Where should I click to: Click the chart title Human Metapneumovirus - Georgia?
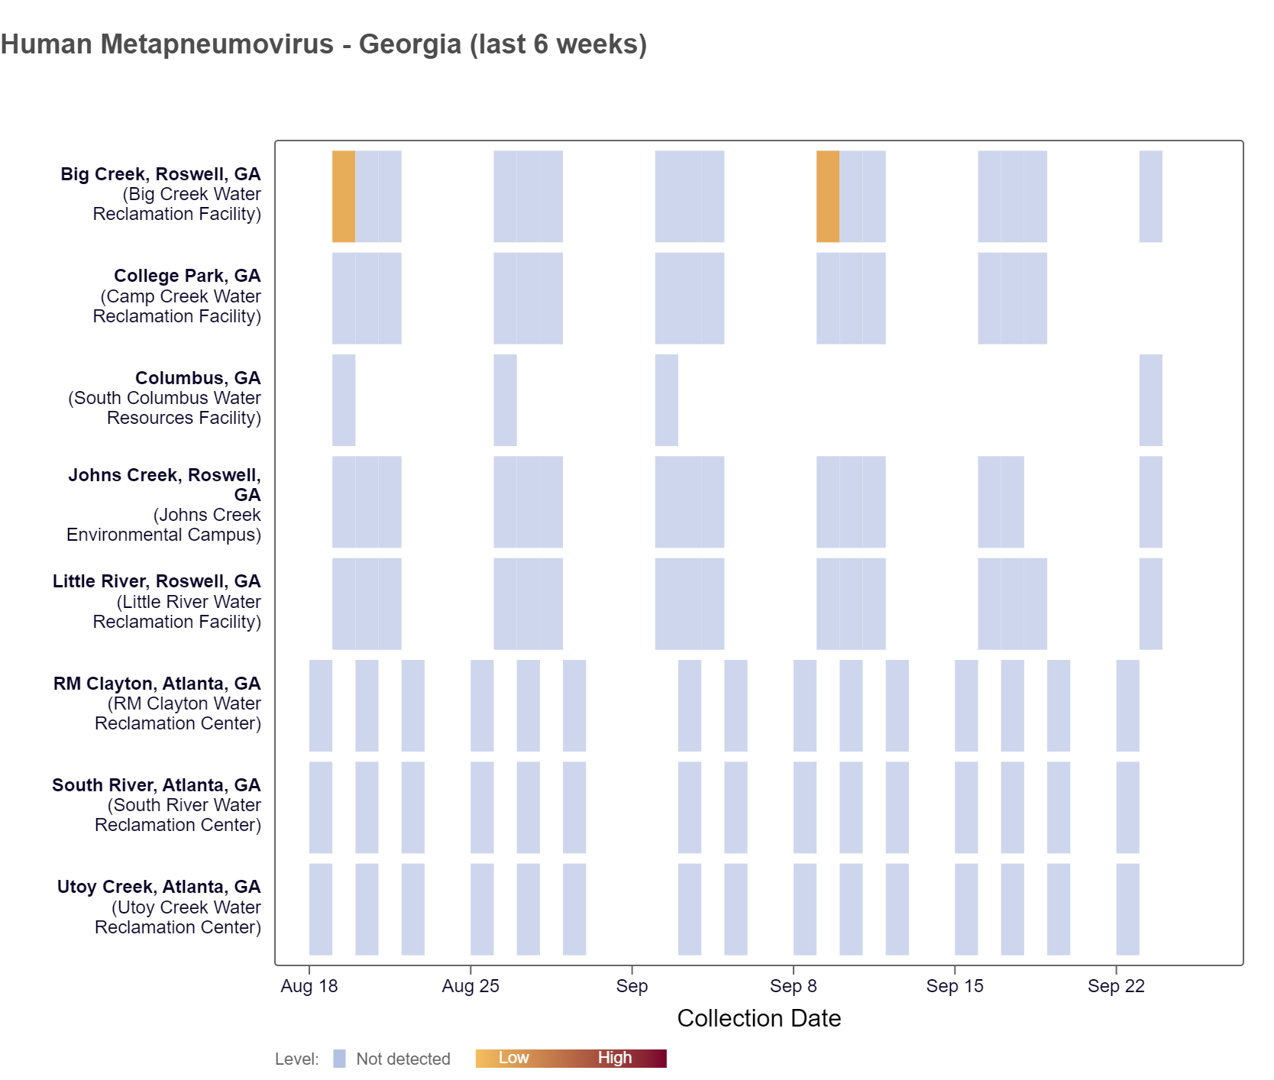[x=323, y=44]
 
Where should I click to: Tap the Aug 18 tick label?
[x=309, y=986]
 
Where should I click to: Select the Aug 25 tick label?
[x=470, y=986]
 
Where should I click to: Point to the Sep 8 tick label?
[x=793, y=986]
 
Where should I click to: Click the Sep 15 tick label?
[x=955, y=986]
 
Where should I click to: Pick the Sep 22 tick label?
[x=1116, y=986]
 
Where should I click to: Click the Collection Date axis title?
[x=758, y=1018]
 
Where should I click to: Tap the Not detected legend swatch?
[x=340, y=1059]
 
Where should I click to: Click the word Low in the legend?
[x=513, y=1058]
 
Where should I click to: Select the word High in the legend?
[x=614, y=1058]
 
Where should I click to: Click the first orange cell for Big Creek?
[x=344, y=196]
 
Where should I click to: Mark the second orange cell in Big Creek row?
[x=828, y=196]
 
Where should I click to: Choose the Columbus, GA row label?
[x=198, y=378]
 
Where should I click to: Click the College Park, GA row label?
[x=187, y=276]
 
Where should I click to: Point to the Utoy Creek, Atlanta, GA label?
[x=159, y=887]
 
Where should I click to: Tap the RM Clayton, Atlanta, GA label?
[x=157, y=684]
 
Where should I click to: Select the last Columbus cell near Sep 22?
[x=1150, y=400]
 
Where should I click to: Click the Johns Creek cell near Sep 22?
[x=1150, y=502]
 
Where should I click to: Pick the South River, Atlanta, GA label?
[x=157, y=785]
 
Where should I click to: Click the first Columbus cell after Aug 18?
[x=344, y=400]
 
